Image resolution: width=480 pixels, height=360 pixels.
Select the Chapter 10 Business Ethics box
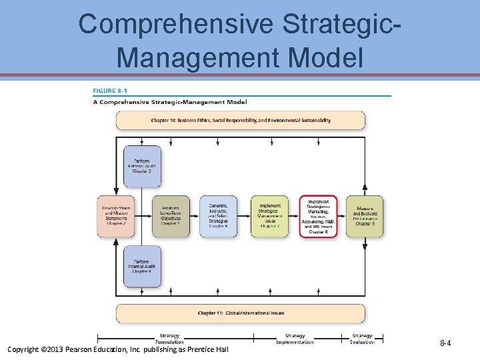click(240, 121)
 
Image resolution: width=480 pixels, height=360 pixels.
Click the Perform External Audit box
click(141, 166)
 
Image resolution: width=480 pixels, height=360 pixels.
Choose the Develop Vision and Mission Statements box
click(116, 216)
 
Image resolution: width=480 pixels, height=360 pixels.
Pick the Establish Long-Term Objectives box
click(171, 216)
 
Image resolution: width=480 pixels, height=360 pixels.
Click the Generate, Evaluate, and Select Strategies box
click(218, 216)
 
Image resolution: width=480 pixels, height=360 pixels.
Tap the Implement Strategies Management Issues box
click(270, 216)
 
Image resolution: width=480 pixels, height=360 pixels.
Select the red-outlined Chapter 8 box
click(318, 216)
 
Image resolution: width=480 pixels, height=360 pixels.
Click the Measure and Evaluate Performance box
click(365, 216)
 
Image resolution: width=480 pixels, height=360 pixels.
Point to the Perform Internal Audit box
click(141, 266)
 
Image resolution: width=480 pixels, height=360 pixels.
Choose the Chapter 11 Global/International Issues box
click(240, 313)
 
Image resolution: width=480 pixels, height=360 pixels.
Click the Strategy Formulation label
click(169, 339)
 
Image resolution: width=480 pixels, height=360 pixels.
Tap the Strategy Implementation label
click(295, 339)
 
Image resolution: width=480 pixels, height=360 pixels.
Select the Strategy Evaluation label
click(362, 339)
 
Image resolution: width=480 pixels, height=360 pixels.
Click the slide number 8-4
click(445, 343)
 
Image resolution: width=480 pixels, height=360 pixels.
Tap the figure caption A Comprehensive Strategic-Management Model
click(169, 102)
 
